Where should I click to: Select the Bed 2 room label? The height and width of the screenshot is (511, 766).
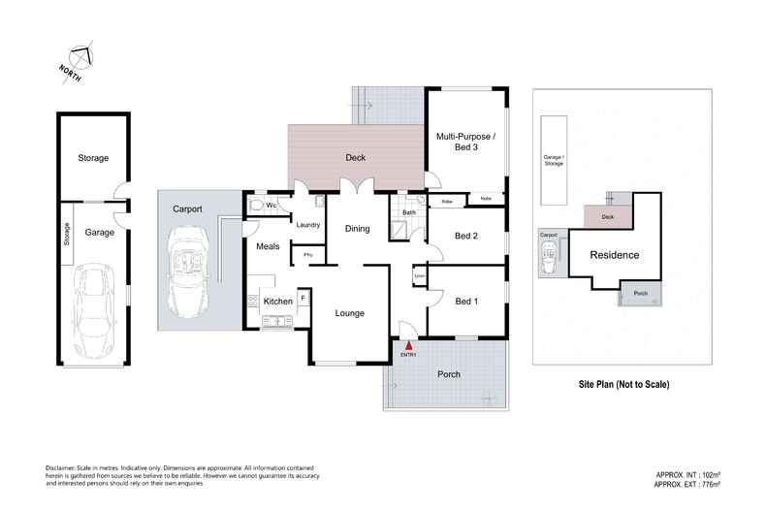pyautogui.click(x=466, y=236)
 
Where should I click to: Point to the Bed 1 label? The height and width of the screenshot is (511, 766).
pyautogui.click(x=466, y=300)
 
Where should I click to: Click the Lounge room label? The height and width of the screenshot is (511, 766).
pyautogui.click(x=349, y=313)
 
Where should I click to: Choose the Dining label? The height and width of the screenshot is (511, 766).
pyautogui.click(x=358, y=229)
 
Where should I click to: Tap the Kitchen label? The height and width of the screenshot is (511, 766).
pyautogui.click(x=278, y=302)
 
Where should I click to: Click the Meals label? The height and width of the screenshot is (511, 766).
pyautogui.click(x=268, y=246)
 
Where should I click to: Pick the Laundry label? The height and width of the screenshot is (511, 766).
pyautogui.click(x=308, y=225)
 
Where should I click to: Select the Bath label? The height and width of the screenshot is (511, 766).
pyautogui.click(x=409, y=212)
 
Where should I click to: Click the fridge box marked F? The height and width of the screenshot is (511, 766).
pyautogui.click(x=303, y=298)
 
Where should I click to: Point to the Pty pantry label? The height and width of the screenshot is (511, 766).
pyautogui.click(x=307, y=255)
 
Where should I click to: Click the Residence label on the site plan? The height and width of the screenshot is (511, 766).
pyautogui.click(x=615, y=255)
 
